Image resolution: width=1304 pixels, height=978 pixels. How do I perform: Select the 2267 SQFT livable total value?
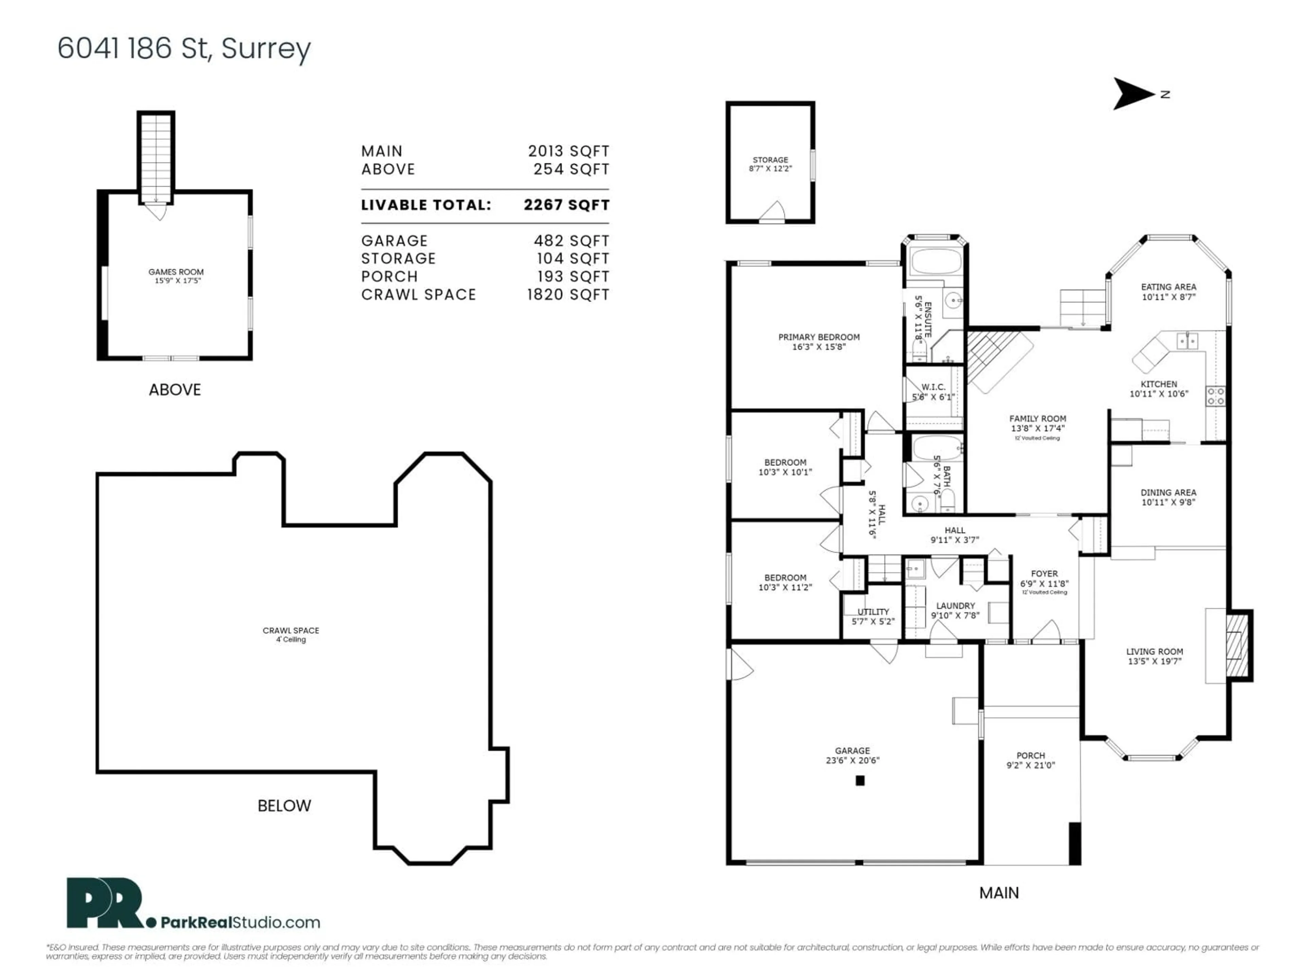point(566,205)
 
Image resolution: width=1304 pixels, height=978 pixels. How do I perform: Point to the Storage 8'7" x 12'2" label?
point(770,164)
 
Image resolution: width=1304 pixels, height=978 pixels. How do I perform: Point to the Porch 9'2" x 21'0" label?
point(1031,760)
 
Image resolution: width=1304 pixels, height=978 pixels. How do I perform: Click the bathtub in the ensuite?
point(936,261)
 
